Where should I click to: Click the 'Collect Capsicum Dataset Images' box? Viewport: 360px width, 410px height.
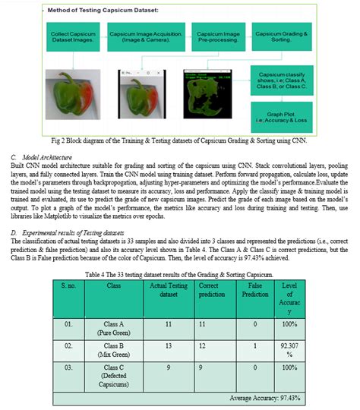point(71,39)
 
